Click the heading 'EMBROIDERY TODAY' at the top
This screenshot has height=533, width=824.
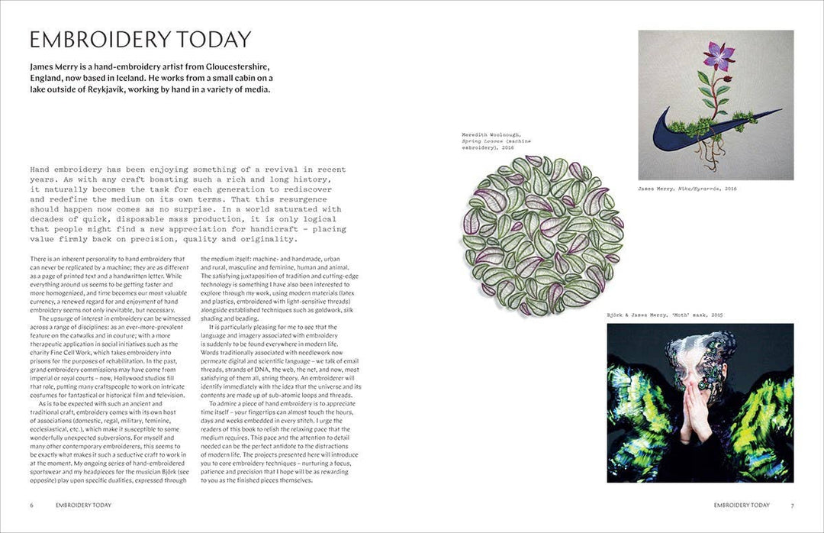140,40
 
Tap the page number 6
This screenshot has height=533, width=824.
31,505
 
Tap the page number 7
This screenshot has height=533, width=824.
792,505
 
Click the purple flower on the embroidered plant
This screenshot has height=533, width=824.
718,55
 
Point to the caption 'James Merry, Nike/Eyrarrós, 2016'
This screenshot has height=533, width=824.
687,188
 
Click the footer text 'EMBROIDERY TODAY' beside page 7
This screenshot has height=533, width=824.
742,505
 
